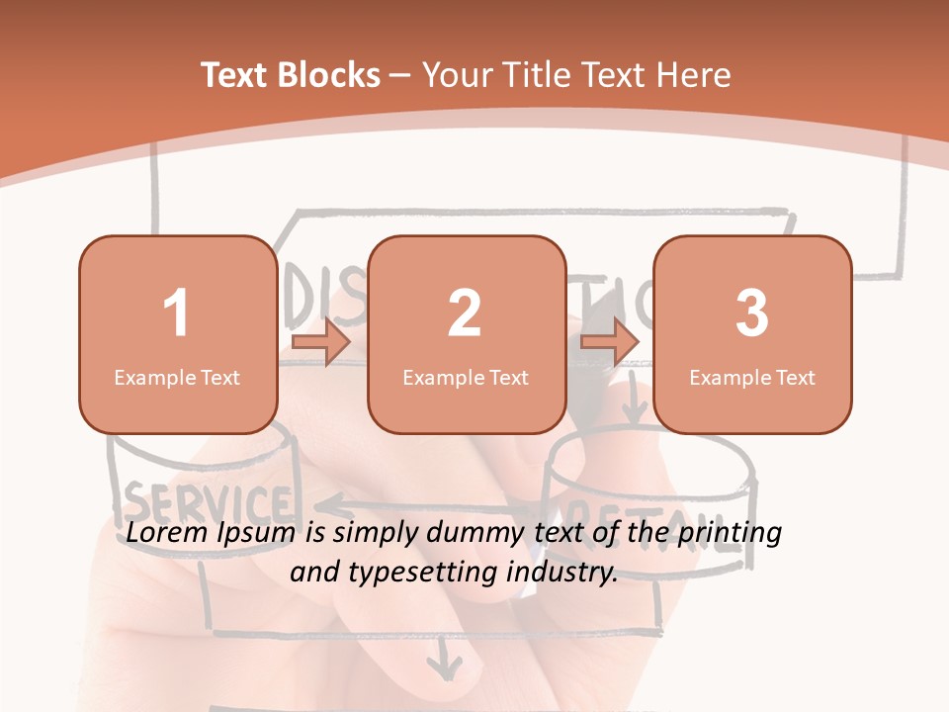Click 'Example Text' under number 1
pyautogui.click(x=177, y=377)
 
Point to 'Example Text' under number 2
pyautogui.click(x=466, y=377)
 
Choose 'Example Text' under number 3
pyautogui.click(x=752, y=377)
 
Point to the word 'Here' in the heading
pyautogui.click(x=693, y=75)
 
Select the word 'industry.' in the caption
pyautogui.click(x=561, y=571)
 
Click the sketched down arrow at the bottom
pyautogui.click(x=444, y=657)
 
